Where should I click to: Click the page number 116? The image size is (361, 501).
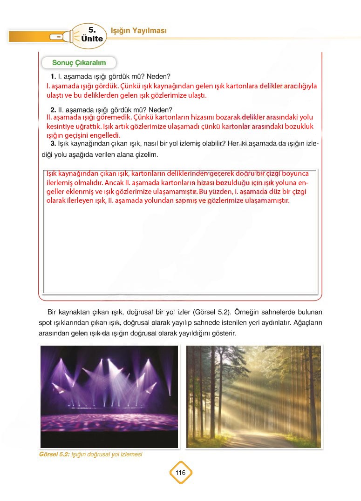(180, 473)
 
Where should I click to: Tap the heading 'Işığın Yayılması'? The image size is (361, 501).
(138, 31)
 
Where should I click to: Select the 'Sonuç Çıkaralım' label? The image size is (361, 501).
(79, 62)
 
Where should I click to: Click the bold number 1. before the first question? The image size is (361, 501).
(53, 76)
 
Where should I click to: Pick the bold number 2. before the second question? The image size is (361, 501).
(53, 110)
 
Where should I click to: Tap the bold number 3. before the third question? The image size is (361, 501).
(53, 143)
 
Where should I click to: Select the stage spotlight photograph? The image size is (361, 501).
(109, 396)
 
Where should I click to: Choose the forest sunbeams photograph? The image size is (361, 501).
(253, 396)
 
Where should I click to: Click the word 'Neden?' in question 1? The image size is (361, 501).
(160, 76)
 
